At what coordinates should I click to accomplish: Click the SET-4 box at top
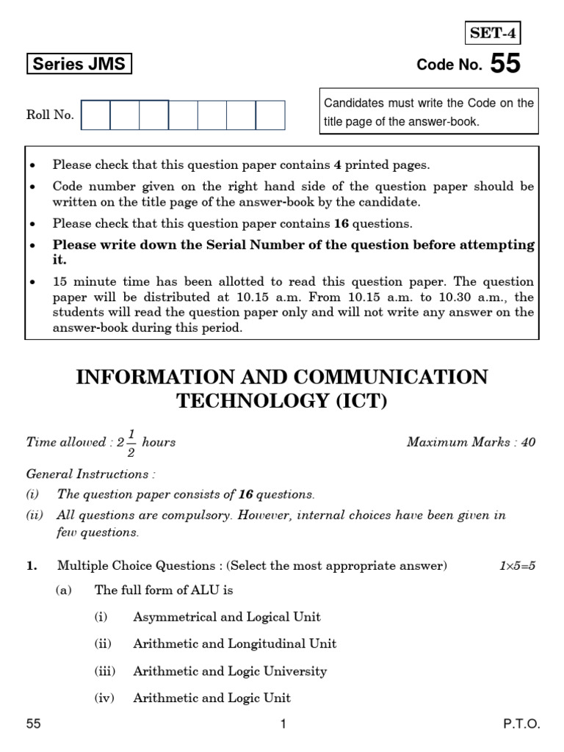[493, 33]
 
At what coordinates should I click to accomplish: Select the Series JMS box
[79, 65]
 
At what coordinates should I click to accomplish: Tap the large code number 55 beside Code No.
[505, 65]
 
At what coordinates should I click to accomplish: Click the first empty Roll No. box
[95, 115]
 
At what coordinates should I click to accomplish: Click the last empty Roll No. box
[270, 115]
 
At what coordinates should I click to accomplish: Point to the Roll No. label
[50, 115]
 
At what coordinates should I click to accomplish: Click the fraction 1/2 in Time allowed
[129, 442]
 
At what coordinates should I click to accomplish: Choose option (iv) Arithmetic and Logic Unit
[211, 698]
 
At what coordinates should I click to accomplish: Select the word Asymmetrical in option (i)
[174, 617]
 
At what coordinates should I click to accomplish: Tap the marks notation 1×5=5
[517, 566]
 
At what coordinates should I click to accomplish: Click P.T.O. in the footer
[521, 725]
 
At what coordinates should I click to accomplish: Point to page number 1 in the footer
[283, 725]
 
